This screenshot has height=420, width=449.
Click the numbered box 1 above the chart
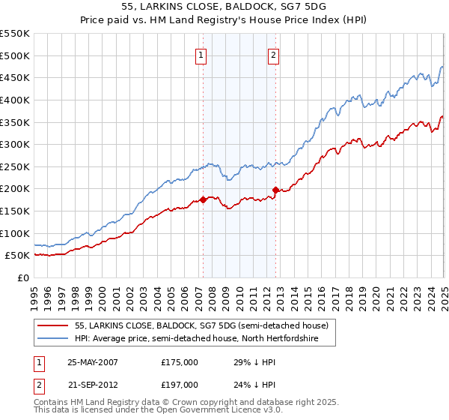click(x=202, y=54)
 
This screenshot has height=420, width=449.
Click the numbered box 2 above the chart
click(x=275, y=54)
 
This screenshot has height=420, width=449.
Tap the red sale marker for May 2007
click(x=203, y=199)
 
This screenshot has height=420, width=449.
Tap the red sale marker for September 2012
click(x=275, y=190)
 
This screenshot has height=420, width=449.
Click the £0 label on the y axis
click(x=22, y=277)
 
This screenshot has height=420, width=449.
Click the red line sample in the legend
click(x=54, y=325)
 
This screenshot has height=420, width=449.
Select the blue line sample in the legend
click(x=54, y=339)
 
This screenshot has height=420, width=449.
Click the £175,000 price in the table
click(x=180, y=361)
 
